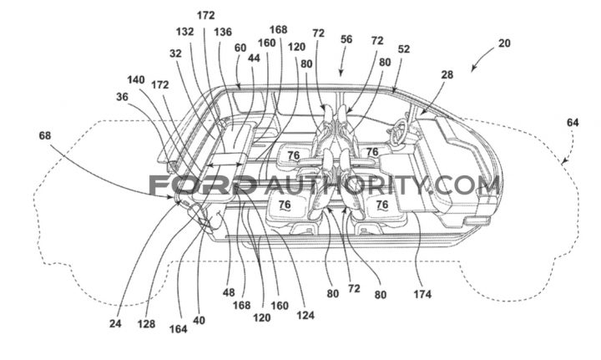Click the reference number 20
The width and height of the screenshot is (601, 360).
(504, 43)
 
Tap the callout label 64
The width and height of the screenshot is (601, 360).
(573, 123)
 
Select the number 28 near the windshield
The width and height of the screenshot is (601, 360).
(447, 75)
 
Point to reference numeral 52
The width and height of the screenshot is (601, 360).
(404, 49)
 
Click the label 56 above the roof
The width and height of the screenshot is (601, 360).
(346, 39)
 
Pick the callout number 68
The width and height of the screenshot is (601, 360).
(45, 135)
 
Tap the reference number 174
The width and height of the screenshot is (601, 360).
(422, 295)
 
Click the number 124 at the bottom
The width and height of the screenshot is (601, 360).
(306, 315)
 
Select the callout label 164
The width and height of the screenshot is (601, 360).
(179, 329)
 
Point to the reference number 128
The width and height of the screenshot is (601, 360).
(146, 324)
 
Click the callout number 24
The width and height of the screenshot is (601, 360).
(115, 324)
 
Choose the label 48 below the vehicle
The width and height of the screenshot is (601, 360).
(229, 292)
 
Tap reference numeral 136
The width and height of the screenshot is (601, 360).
(223, 32)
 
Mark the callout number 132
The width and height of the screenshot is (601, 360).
(185, 32)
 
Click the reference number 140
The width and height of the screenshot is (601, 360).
(136, 79)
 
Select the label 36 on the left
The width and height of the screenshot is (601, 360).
(122, 97)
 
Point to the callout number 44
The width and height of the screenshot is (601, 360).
(254, 58)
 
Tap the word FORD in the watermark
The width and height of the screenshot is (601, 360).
(202, 185)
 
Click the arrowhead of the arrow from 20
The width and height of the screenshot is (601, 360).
(473, 69)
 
